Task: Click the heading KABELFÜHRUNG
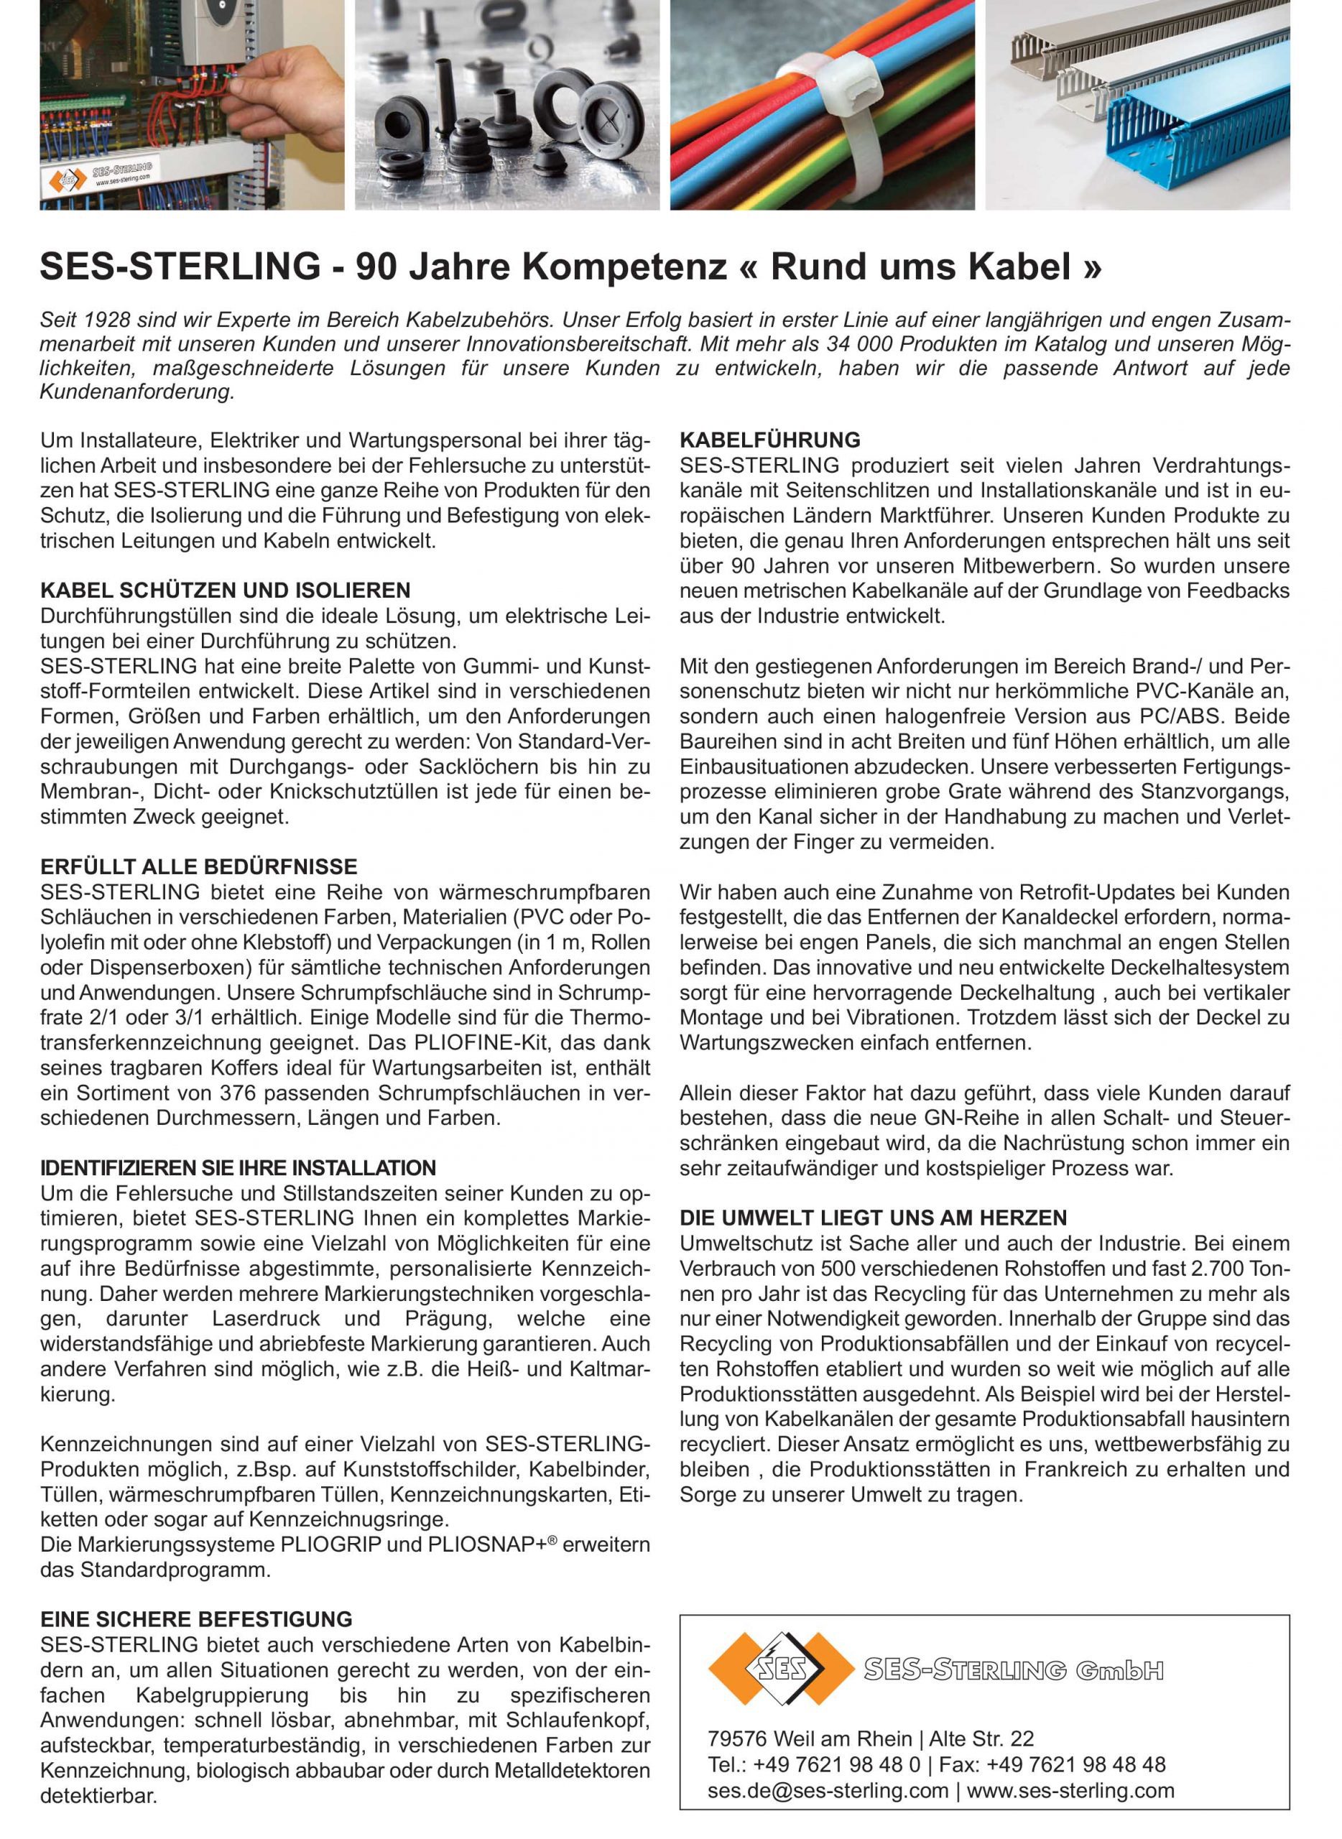click(769, 440)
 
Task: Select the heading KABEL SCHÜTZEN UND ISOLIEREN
click(225, 590)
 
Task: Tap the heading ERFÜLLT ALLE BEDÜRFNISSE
click(199, 867)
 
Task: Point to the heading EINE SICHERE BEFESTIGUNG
click(197, 1619)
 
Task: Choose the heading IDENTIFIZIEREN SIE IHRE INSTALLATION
click(238, 1168)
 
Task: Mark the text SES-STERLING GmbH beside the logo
click(1013, 1670)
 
